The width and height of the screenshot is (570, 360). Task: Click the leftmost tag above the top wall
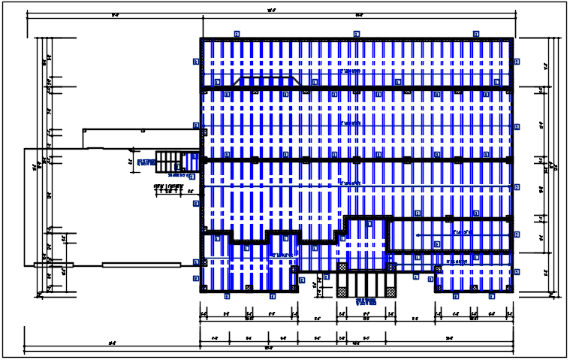[x=236, y=34]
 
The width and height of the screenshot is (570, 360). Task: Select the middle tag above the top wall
[x=356, y=34]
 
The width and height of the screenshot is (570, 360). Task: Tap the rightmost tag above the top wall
[x=476, y=34]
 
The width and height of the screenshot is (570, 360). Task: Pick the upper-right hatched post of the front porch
[x=391, y=267]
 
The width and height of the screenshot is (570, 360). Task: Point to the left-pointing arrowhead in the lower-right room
[x=437, y=244]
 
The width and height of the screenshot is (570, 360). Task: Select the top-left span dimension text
[x=114, y=15]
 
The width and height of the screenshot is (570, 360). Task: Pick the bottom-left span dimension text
[x=112, y=343]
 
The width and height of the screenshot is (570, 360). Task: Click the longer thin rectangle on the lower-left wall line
[x=140, y=264]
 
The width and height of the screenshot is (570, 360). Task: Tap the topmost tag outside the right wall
[x=517, y=63]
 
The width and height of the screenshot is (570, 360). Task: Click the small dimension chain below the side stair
[x=169, y=190]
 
